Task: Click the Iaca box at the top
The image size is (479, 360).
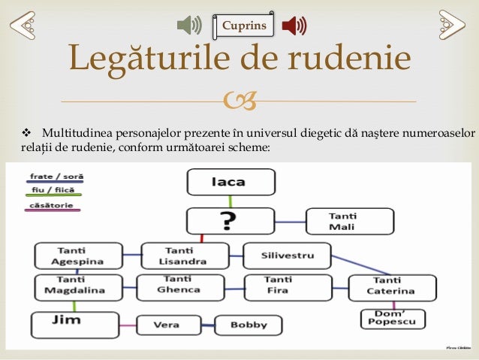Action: pos(230,182)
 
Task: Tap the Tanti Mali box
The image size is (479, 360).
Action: pos(349,222)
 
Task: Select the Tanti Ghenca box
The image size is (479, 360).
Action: pos(180,286)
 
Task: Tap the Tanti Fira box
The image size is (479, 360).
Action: pos(288,286)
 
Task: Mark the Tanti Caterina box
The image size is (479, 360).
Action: pos(392,286)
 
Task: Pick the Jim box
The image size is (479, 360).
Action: pos(74,324)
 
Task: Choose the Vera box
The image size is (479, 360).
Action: pos(166,325)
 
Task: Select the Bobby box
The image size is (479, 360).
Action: pos(249,325)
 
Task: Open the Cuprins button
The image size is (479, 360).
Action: pos(243,26)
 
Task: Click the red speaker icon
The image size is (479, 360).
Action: pos(294,26)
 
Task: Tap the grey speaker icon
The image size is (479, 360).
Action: pos(189,26)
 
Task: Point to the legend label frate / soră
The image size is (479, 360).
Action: pos(56,177)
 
